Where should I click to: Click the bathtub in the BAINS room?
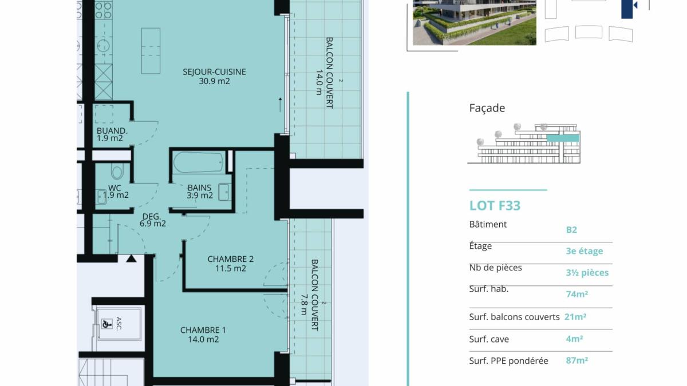coord(199,162)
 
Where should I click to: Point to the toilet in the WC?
coord(117,170)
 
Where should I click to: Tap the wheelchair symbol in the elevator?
coord(106,324)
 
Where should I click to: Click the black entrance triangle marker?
coord(131,259)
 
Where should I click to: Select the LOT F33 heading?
coord(495,205)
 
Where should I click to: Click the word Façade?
coord(487,108)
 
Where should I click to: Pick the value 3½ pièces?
coord(587,273)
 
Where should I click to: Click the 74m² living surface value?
coord(577,294)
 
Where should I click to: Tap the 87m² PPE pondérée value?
coord(577,361)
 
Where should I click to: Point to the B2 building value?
coord(571,230)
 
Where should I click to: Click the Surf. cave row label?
coord(489,339)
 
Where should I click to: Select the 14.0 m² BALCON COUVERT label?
coord(325,73)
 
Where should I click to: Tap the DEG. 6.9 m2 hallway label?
coord(152,220)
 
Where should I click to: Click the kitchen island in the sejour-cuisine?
coord(151,51)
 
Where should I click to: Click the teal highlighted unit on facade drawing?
coord(563,138)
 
